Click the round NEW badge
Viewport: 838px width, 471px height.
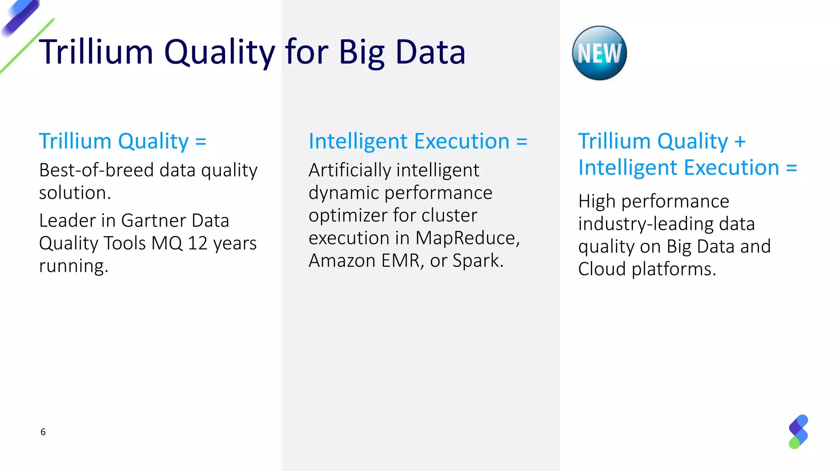point(599,53)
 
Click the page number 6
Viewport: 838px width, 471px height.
point(43,432)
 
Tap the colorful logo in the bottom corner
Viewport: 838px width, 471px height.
point(798,432)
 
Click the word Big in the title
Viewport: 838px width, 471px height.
point(362,52)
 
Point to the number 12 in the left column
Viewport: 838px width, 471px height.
point(198,243)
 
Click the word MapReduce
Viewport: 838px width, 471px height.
point(467,238)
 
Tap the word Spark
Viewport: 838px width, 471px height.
point(478,260)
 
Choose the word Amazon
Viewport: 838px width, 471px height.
point(342,260)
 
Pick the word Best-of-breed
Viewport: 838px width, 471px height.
point(96,170)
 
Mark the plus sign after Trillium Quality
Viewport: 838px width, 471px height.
point(740,142)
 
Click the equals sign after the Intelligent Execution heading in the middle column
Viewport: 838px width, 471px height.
point(522,142)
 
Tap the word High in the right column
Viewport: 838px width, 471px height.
point(597,202)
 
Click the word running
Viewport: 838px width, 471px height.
point(73,266)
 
